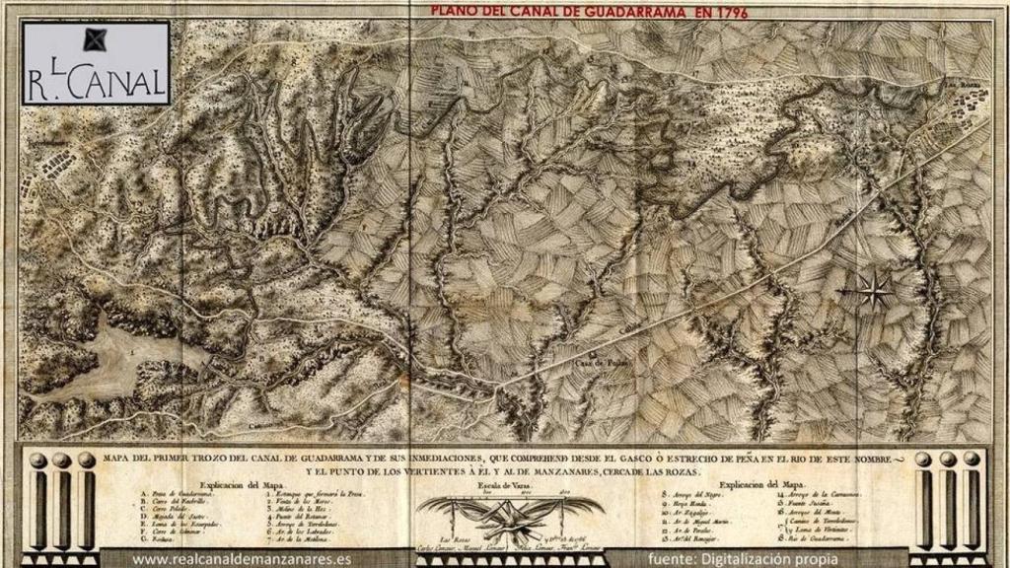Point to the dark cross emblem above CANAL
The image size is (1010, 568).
point(95,39)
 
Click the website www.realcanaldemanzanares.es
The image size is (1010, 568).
point(242,559)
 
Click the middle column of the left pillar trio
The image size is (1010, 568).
point(61,503)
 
